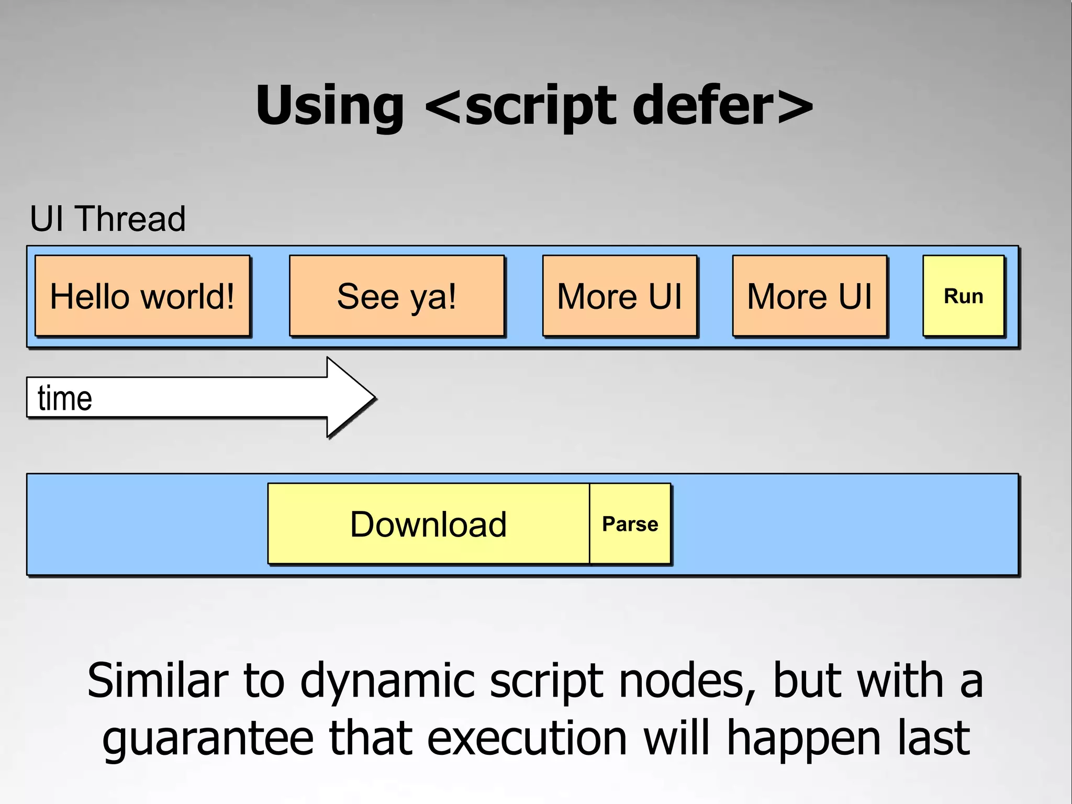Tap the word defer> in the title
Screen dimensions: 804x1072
[x=722, y=106]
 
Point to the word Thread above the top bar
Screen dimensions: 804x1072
[x=131, y=219]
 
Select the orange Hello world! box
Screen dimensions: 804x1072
[x=142, y=296]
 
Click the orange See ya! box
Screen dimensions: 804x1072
[x=397, y=296]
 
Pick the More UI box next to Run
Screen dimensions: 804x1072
[x=809, y=296]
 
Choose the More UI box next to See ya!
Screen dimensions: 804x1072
[x=619, y=296]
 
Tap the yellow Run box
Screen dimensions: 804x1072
[x=963, y=296]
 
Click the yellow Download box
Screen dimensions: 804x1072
[x=428, y=524]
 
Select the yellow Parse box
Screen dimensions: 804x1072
[x=630, y=524]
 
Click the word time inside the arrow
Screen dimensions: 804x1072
[x=65, y=398]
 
